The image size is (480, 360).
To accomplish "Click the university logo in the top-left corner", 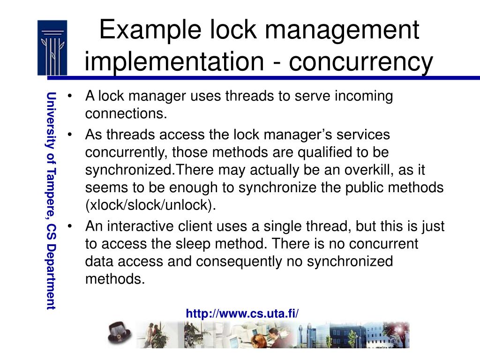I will [x=52, y=47].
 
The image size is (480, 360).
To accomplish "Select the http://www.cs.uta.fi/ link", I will [x=242, y=314].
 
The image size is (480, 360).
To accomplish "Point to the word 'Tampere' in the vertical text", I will [x=51, y=206].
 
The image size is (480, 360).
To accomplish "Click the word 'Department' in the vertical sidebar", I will [x=51, y=277].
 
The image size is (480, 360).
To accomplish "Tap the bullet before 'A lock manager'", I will [x=70, y=97].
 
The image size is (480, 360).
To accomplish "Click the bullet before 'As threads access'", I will [x=70, y=135].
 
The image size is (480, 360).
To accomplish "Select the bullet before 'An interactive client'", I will [x=70, y=226].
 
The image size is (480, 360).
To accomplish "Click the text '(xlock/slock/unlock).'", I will [x=151, y=206].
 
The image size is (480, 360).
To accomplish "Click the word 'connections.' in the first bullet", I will [x=126, y=114].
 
